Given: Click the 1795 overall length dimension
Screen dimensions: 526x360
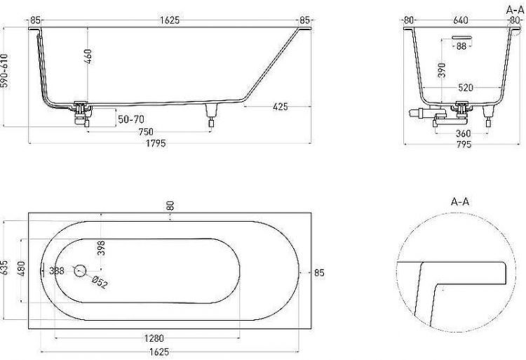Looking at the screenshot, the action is click(x=156, y=143).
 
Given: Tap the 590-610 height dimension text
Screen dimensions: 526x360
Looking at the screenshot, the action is click(x=4, y=70).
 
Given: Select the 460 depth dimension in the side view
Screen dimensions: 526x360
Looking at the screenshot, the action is click(x=88, y=56).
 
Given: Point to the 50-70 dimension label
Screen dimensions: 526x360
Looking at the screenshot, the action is click(x=131, y=119).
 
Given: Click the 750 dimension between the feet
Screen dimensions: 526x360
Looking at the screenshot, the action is click(x=146, y=132).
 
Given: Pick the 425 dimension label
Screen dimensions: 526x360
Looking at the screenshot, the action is click(x=281, y=107).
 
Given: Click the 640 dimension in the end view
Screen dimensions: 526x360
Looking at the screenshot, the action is click(x=461, y=20).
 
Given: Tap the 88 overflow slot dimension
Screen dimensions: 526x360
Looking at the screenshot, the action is click(x=461, y=46).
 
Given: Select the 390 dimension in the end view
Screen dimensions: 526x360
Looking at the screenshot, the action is click(x=442, y=70).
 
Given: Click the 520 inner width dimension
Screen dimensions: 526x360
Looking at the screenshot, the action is click(x=466, y=88).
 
